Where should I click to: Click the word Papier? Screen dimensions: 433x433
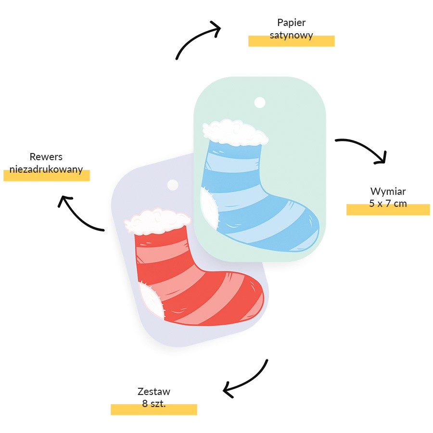coord(292,23)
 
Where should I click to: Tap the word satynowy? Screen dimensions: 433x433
coord(292,35)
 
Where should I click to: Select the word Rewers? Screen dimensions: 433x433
coord(46,157)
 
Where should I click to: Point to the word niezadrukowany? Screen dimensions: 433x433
coord(46,169)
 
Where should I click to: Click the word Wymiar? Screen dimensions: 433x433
coord(388,191)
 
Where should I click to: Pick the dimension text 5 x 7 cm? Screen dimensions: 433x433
coord(388,204)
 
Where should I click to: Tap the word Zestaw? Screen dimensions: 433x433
coord(154,392)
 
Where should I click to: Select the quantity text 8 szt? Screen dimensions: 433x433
coord(154,404)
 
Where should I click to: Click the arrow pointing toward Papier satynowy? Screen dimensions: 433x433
coord(193,37)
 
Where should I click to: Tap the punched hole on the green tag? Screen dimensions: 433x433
coord(260,102)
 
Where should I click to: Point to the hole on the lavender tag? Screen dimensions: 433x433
coord(173,185)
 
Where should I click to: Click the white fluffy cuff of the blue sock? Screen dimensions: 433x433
coord(235,133)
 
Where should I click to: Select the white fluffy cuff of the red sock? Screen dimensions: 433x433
coord(157,222)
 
